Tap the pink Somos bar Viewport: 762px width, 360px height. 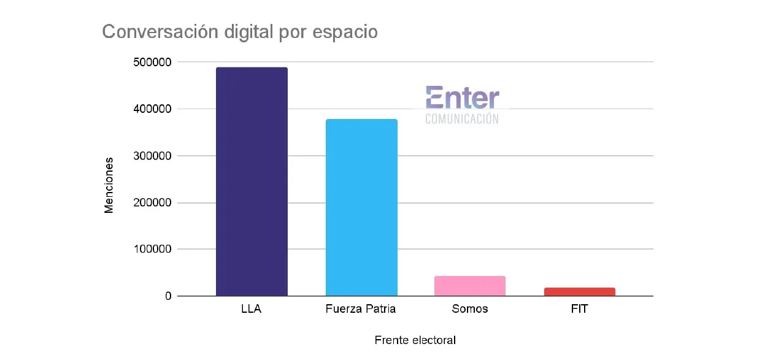pyautogui.click(x=470, y=286)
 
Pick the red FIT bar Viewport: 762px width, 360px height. pyautogui.click(x=579, y=292)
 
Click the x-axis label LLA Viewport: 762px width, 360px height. pyautogui.click(x=252, y=309)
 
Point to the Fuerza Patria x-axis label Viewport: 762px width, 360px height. pyautogui.click(x=361, y=309)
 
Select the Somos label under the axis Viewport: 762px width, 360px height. pyautogui.click(x=470, y=309)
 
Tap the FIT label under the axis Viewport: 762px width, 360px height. pyautogui.click(x=579, y=309)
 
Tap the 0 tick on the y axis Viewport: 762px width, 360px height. pyautogui.click(x=167, y=296)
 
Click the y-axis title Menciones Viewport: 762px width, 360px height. pyautogui.click(x=109, y=185)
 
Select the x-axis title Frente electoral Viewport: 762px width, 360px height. pyautogui.click(x=415, y=340)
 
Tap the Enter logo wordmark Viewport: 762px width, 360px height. pyautogui.click(x=462, y=98)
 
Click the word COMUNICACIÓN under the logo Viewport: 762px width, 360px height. pyautogui.click(x=462, y=119)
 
